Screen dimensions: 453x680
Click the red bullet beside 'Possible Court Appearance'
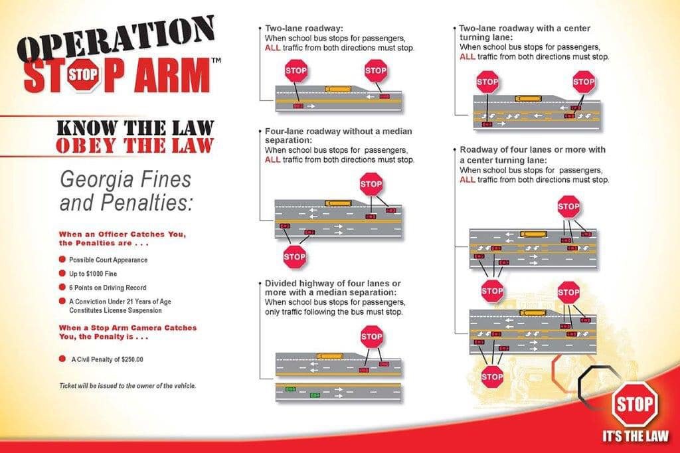(62, 260)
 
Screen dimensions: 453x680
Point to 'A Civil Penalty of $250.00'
(108, 359)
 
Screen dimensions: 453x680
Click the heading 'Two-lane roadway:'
(303, 29)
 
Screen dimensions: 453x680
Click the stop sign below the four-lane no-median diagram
(294, 256)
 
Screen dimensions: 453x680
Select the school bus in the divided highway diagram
(330, 356)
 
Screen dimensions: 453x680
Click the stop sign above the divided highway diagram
(371, 337)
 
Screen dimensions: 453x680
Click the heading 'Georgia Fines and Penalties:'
(126, 191)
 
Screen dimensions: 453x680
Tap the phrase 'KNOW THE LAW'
(135, 128)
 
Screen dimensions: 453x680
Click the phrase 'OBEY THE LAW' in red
(135, 145)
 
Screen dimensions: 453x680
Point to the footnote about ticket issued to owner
(127, 386)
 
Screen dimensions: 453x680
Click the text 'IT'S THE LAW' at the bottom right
(635, 436)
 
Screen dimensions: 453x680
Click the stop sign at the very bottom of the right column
(492, 377)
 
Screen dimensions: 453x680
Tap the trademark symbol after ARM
(215, 61)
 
